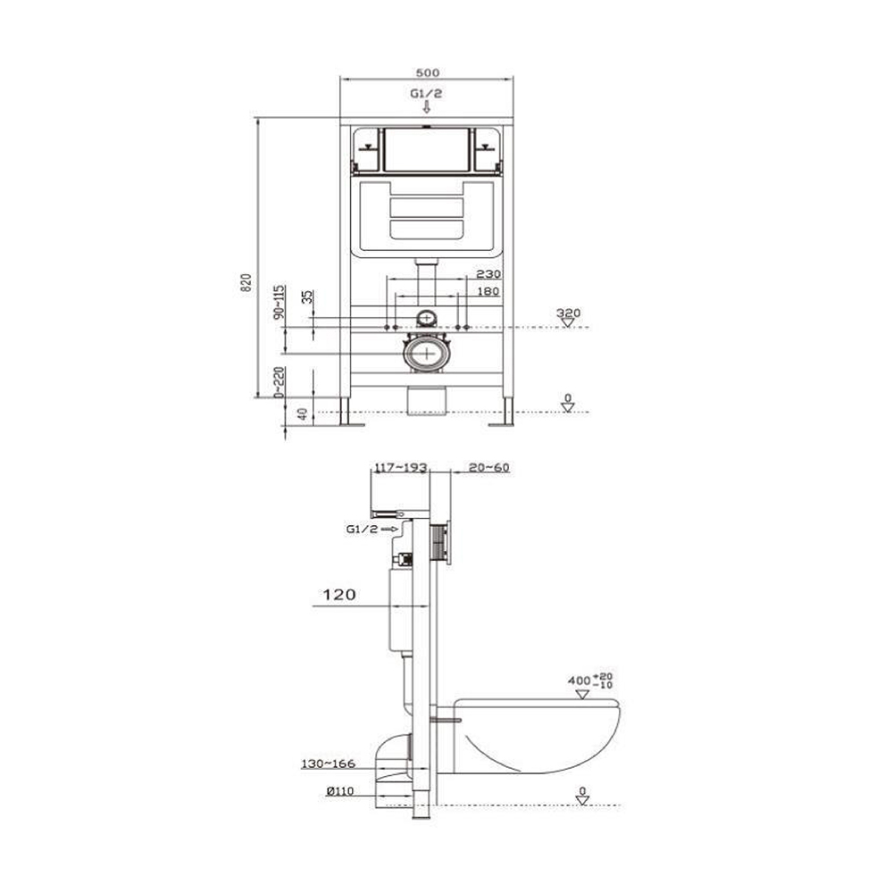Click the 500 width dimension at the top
[x=427, y=73]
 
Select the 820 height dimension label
[x=246, y=283]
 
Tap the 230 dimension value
[x=488, y=274]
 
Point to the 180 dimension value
[x=488, y=292]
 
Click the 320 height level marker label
[x=568, y=313]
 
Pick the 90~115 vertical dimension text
[x=279, y=302]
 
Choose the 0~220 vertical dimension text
[x=279, y=381]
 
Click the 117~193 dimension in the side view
[x=400, y=468]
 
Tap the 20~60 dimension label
[x=488, y=468]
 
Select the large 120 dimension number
[x=339, y=595]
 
